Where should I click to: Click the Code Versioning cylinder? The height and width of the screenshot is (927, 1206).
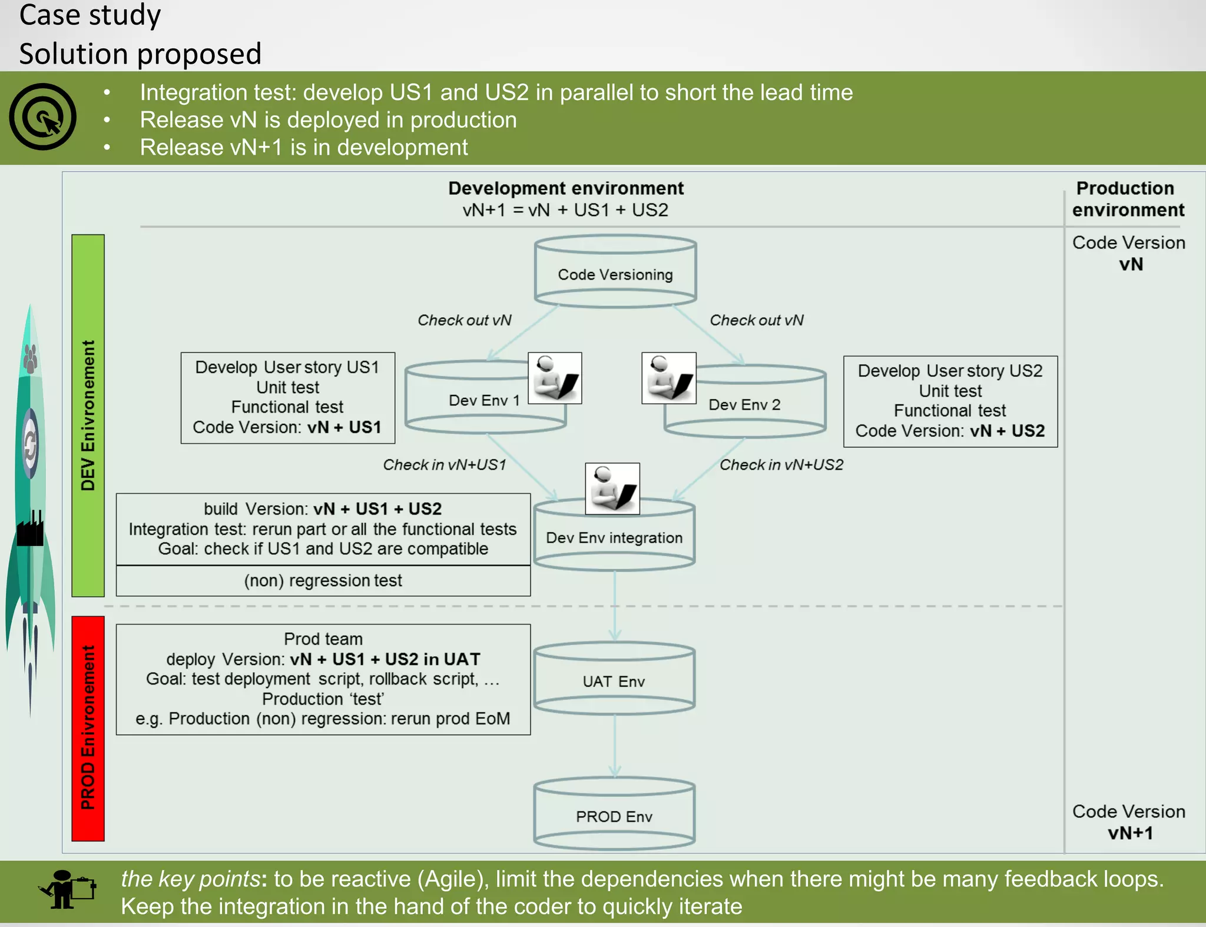click(615, 272)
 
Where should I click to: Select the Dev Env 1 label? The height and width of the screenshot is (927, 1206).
click(483, 401)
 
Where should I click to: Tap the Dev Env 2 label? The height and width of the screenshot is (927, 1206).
click(744, 405)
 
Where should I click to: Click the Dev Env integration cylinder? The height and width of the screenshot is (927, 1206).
click(614, 537)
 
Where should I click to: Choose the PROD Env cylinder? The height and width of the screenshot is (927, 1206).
click(614, 816)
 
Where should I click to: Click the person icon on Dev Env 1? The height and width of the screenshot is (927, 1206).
click(555, 378)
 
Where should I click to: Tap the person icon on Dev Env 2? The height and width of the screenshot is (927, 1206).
click(669, 378)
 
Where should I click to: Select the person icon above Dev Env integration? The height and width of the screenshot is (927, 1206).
click(612, 489)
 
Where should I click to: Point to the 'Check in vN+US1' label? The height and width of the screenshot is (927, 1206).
click(445, 465)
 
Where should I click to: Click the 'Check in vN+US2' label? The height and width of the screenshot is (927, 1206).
click(781, 465)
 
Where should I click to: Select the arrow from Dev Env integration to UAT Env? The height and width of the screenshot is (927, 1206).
click(615, 606)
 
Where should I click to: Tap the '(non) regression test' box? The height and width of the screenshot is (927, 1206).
click(323, 581)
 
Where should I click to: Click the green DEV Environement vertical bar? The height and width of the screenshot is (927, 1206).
click(88, 416)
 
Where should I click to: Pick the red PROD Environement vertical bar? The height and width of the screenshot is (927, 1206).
click(88, 728)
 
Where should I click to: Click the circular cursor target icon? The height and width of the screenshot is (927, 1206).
click(42, 117)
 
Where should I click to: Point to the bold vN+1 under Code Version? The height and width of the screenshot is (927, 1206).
click(1130, 833)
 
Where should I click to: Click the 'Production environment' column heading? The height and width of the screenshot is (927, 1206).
click(1127, 199)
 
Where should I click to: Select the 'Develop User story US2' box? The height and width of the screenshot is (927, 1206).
click(950, 401)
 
